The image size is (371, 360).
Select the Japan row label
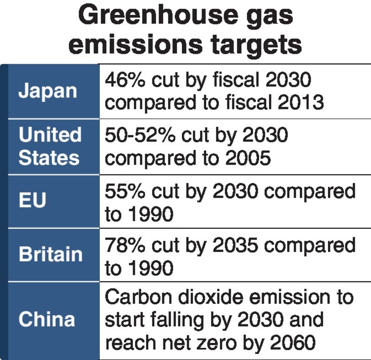(x=47, y=91)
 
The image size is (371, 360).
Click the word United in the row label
(x=50, y=135)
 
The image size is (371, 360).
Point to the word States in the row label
(x=49, y=158)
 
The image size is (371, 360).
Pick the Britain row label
(x=51, y=255)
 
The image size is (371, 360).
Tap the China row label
(x=46, y=320)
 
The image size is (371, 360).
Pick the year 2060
(x=289, y=343)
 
